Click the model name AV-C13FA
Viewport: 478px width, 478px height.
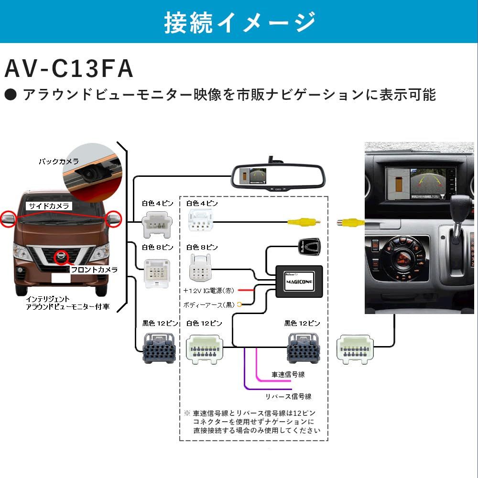coord(68,69)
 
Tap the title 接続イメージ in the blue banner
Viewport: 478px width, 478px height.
coord(239,22)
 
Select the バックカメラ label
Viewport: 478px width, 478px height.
coord(59,162)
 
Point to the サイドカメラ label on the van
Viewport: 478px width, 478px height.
coord(50,206)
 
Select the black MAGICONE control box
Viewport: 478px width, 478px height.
coord(299,282)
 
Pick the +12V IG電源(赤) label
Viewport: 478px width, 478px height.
coord(208,290)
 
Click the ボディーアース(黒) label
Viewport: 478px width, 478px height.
coord(209,304)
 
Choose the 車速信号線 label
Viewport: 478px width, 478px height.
coord(288,374)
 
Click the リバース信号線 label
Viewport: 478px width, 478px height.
coord(288,396)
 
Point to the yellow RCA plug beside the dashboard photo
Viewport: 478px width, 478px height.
coord(350,222)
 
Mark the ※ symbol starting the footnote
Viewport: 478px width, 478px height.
coord(187,413)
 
